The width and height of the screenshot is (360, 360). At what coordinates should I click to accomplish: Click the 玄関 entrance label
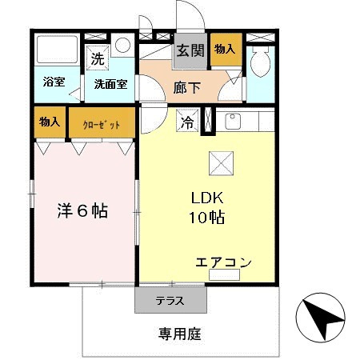point(190,51)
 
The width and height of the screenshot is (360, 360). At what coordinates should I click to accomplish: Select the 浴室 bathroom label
point(54,82)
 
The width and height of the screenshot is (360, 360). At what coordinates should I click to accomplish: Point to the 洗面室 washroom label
point(110,83)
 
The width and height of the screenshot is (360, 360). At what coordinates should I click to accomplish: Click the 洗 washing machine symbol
point(97,58)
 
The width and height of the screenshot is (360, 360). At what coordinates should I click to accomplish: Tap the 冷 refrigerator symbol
point(186,123)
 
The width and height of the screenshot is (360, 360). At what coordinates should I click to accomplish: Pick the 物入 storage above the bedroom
point(50,122)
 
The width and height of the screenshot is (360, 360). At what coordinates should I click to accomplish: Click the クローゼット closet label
point(100,125)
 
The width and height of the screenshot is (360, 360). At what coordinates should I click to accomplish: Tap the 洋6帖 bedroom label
point(82,211)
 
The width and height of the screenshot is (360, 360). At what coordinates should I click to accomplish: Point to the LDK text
point(206,198)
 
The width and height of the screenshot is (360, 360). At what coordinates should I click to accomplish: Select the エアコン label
point(223,262)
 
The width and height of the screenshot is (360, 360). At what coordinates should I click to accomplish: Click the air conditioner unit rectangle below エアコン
point(223,275)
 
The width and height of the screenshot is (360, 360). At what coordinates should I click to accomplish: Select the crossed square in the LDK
point(219,162)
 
